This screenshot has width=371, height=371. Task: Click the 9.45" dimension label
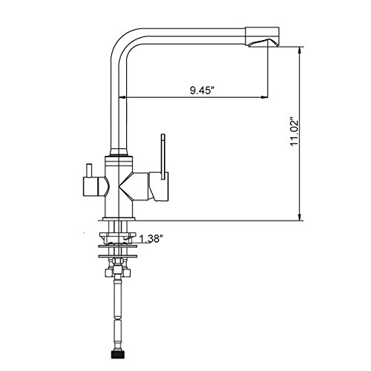[x=202, y=91]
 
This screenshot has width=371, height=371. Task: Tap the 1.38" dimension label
[x=151, y=239]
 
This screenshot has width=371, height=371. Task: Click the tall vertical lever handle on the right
[x=162, y=157]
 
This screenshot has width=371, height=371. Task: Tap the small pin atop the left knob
[x=89, y=171]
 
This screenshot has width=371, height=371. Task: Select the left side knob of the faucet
[x=95, y=187]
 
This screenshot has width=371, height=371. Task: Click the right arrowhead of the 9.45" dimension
[x=264, y=97]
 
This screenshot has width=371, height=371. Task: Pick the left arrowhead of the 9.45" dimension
[x=123, y=97]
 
